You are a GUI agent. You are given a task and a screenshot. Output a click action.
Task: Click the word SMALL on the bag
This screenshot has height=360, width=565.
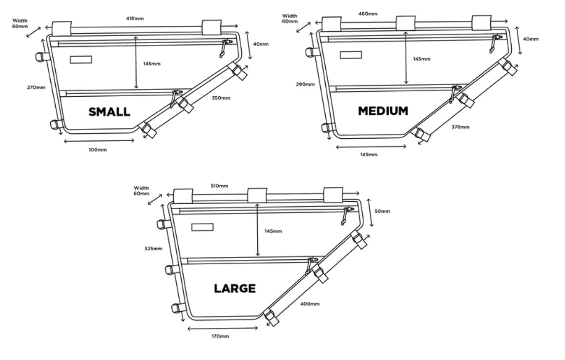point(109,112)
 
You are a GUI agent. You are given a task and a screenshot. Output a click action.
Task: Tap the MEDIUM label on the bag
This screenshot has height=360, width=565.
point(383,110)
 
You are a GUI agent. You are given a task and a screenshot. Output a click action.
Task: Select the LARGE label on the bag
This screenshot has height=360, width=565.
point(235,288)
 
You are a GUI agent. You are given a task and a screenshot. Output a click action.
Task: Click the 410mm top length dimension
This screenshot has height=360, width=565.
point(135,19)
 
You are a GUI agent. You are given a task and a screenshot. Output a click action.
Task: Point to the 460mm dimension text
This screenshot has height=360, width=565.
point(368,14)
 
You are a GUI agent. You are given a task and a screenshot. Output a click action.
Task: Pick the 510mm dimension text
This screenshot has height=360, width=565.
point(219,186)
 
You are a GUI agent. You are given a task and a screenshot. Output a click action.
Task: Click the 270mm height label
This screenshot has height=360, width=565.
point(36,87)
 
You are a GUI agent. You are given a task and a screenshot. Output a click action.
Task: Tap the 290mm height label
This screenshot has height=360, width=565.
point(305,85)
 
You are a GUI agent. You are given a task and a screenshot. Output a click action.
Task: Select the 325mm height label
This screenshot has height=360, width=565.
point(153,248)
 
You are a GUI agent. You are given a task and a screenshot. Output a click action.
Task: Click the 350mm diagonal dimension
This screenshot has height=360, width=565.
point(221,98)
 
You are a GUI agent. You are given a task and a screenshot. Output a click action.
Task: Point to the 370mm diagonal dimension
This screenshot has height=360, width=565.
point(460,127)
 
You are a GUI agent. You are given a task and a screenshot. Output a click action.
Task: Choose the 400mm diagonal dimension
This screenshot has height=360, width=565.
point(310,304)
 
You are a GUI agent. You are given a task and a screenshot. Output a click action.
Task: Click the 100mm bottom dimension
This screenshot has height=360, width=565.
point(98,149)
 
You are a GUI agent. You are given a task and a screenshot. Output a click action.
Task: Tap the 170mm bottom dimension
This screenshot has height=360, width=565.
point(220,336)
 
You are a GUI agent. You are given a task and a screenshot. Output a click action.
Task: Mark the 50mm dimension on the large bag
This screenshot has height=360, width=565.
point(382,211)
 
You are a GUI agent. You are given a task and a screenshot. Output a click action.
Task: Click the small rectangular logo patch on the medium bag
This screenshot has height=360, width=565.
point(351,55)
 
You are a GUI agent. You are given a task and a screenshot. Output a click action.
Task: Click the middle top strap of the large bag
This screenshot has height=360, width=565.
point(257,195)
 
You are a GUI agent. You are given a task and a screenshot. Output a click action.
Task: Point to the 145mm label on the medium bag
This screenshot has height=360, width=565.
point(421,59)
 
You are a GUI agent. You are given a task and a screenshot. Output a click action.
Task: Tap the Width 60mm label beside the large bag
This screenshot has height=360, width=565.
point(141,191)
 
